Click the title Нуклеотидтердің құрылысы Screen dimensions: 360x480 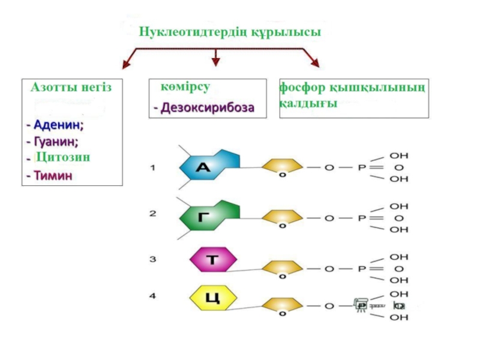[230, 31]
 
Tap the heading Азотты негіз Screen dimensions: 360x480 [71, 88]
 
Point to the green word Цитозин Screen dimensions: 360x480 [62, 157]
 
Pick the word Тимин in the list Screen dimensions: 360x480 [53, 176]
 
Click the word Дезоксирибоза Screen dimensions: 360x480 [207, 108]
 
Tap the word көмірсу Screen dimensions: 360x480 [185, 88]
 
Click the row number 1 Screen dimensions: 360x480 [152, 168]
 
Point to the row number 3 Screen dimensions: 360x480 [152, 259]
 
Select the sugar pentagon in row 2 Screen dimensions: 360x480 [281, 217]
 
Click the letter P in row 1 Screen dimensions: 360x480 [362, 168]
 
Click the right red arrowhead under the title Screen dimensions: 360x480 [314, 62]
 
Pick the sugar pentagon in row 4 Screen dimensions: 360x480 [281, 305]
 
